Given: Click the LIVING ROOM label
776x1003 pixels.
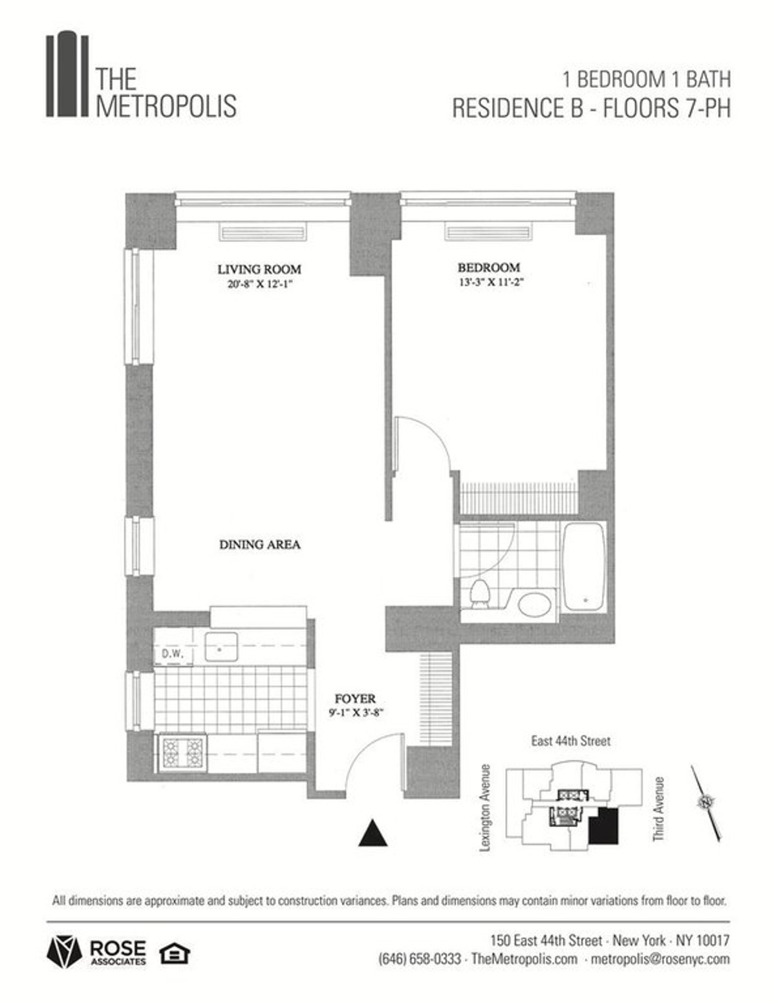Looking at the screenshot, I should coord(259,269).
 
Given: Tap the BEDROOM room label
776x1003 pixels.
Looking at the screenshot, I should coord(488,267).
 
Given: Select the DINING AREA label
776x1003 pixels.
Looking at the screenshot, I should coord(259,545).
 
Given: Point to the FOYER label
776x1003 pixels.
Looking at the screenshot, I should coord(355,699).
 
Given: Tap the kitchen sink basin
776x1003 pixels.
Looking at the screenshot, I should coord(221,647).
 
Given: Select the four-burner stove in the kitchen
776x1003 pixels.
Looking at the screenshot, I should coord(182,753).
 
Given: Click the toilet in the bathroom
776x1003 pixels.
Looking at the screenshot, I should coord(479,594).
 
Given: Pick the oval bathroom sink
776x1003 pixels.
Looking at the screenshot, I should coord(534,605).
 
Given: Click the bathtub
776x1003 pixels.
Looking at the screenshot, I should coord(584,567).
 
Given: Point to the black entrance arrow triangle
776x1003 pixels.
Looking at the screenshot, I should coord(373,834).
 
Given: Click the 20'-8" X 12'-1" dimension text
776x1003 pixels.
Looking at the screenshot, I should coord(257,283).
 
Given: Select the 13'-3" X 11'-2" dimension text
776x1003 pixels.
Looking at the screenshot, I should coord(489,281).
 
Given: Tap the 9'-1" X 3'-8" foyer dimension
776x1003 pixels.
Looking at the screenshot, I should coord(356,714).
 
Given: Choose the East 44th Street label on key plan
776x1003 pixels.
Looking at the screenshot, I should coord(570,741).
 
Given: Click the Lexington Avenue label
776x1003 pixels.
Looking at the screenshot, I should coord(486,808).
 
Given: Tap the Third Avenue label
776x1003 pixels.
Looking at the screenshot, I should coord(658,809).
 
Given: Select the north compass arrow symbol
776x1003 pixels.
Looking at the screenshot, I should coord(706,803).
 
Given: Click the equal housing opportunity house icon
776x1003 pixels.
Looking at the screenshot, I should coord(174,953).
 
